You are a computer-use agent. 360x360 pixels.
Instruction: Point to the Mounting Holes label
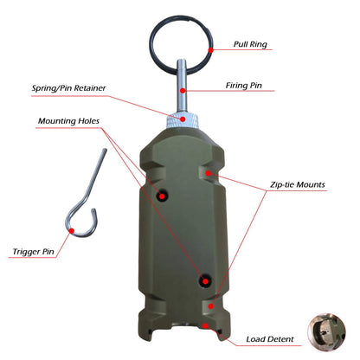click(72, 121)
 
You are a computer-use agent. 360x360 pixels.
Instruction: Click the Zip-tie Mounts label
click(296, 184)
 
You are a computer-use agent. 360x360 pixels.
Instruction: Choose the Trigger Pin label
click(35, 253)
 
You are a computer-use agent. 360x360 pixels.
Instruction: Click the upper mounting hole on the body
click(161, 196)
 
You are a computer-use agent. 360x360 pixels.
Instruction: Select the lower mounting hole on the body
click(205, 280)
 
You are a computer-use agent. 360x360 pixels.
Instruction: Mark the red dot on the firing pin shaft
click(183, 87)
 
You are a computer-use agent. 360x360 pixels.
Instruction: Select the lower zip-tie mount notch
click(211, 305)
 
